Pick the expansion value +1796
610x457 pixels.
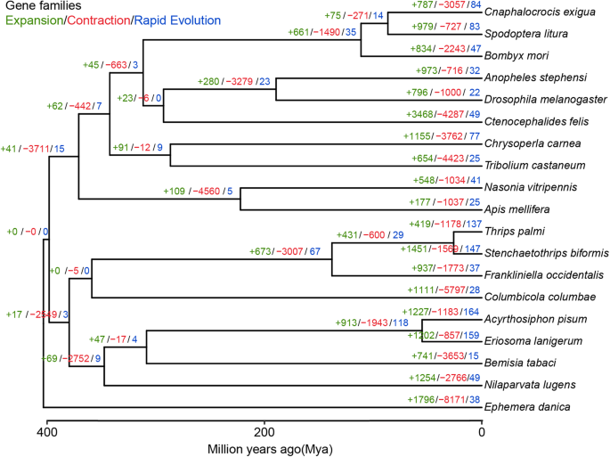[412, 401]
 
